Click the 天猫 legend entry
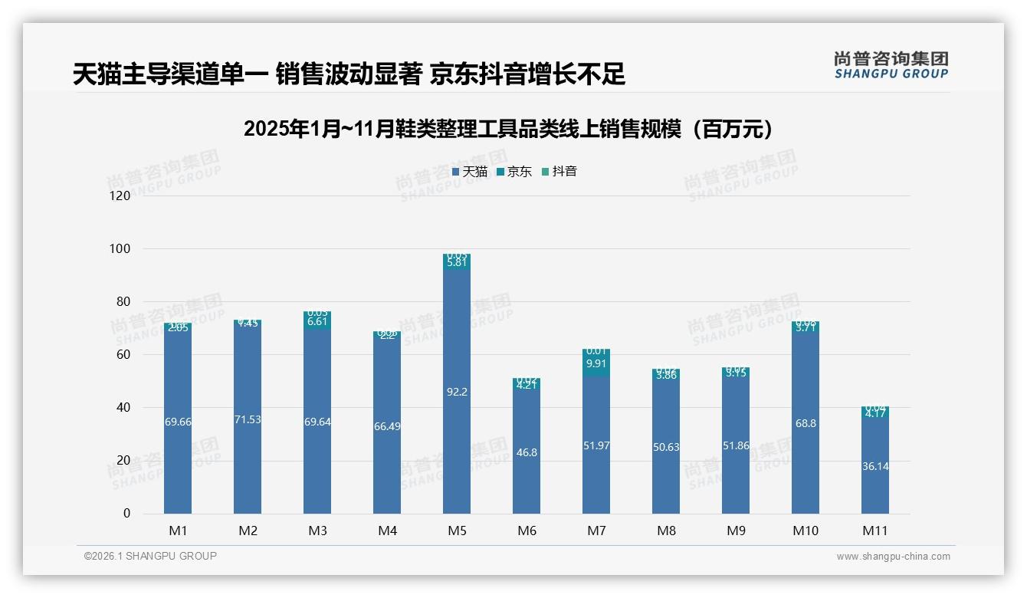pyautogui.click(x=470, y=172)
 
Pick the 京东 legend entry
pyautogui.click(x=514, y=172)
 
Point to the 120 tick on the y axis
pyautogui.click(x=120, y=196)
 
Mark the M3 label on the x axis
pyautogui.click(x=317, y=531)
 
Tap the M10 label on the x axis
pyautogui.click(x=806, y=531)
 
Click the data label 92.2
pyautogui.click(x=457, y=392)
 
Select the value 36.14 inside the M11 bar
pyautogui.click(x=875, y=466)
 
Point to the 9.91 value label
pyautogui.click(x=596, y=364)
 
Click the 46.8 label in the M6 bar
pyautogui.click(x=527, y=453)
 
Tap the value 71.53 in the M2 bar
pyautogui.click(x=248, y=419)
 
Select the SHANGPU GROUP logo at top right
pyautogui.click(x=891, y=64)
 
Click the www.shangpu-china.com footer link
pyautogui.click(x=893, y=557)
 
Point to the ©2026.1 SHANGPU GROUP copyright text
pyautogui.click(x=150, y=556)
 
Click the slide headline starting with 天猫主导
pyautogui.click(x=349, y=74)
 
